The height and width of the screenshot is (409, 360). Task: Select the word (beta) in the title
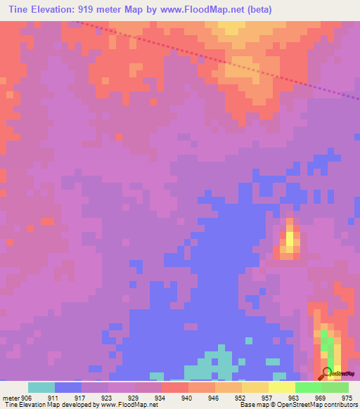257,10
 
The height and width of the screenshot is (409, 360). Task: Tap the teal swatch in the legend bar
41,387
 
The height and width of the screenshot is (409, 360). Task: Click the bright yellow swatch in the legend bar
281,387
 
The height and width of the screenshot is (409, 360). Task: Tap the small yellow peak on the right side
289,241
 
